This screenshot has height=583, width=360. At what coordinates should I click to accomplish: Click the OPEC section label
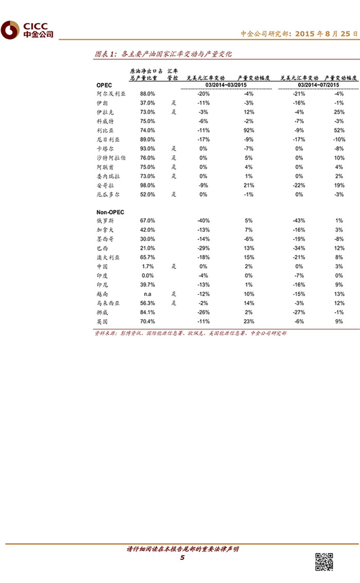click(x=104, y=85)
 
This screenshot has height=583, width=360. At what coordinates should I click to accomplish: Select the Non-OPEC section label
click(x=110, y=212)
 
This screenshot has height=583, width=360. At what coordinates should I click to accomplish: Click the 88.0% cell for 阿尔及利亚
click(x=148, y=94)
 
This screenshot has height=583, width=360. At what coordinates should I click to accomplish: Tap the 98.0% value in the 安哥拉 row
click(x=148, y=185)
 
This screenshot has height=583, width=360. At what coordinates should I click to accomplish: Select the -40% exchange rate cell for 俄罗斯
click(x=203, y=221)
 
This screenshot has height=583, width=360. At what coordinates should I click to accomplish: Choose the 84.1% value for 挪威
click(x=148, y=312)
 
